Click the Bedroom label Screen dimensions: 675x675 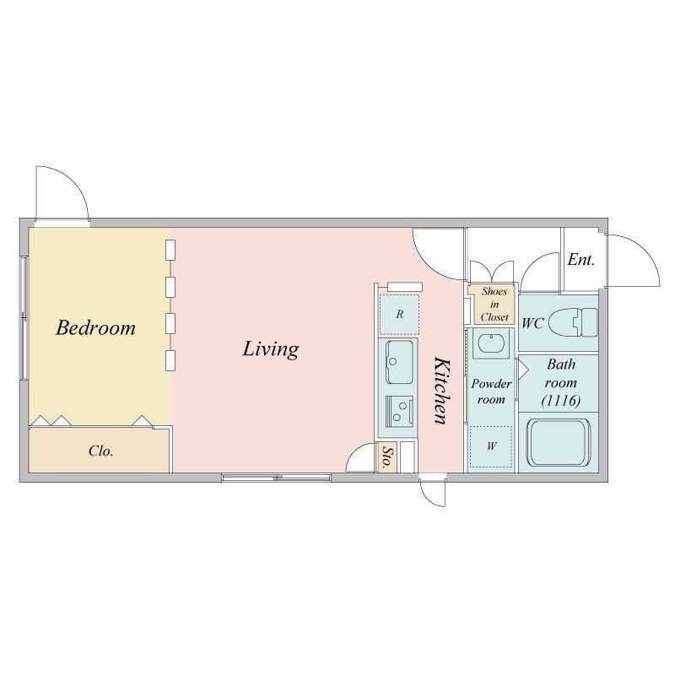[x=95, y=327]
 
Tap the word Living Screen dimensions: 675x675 [x=271, y=348]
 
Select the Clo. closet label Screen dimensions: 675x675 [x=100, y=451]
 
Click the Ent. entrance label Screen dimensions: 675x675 [x=581, y=260]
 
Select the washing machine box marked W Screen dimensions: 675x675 [x=491, y=446]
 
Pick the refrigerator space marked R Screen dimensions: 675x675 [x=399, y=315]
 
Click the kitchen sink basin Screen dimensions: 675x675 [x=400, y=362]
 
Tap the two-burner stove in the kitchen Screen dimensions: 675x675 [x=400, y=411]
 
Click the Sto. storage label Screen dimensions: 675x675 [x=386, y=457]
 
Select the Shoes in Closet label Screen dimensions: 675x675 [x=494, y=305]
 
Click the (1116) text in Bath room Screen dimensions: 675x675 [x=561, y=401]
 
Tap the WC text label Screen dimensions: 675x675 [x=533, y=323]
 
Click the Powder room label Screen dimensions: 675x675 [x=491, y=391]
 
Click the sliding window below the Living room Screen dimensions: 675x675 [x=277, y=477]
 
